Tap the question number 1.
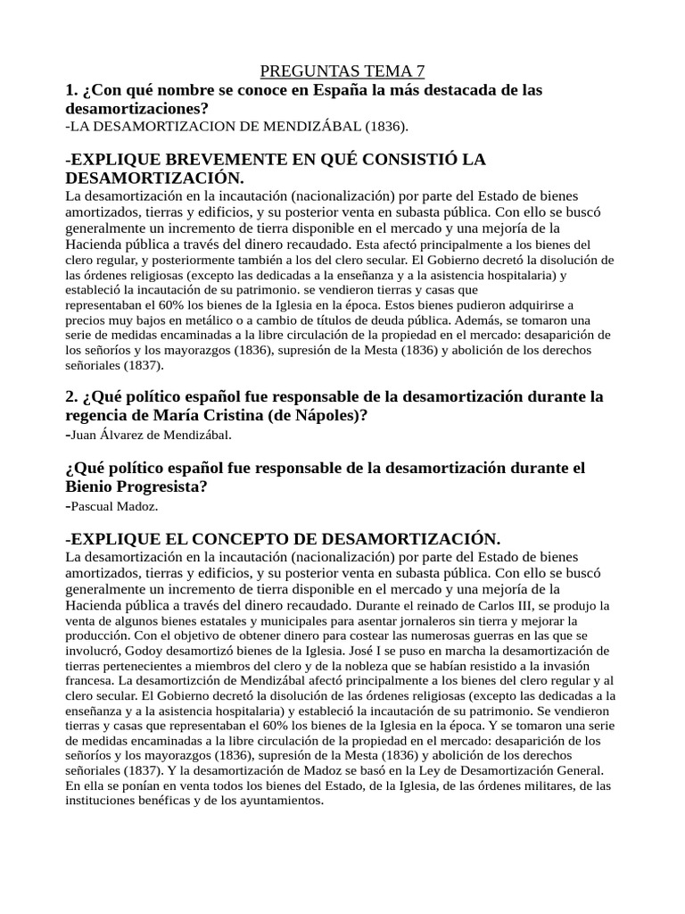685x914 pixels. click(x=70, y=90)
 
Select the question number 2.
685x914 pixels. click(x=70, y=395)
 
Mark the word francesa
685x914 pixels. click(x=90, y=681)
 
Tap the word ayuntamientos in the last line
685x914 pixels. click(x=282, y=801)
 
